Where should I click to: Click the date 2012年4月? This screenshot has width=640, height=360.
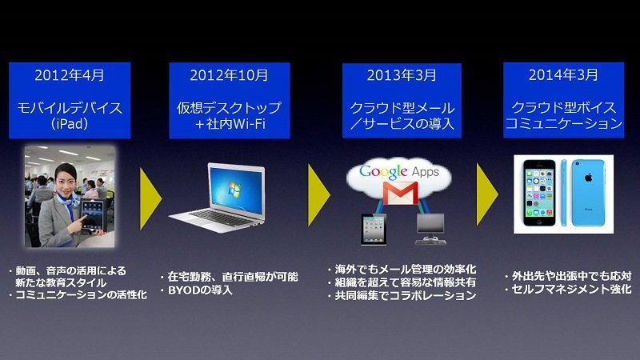point(70,75)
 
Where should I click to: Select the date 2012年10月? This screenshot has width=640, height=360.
point(229,75)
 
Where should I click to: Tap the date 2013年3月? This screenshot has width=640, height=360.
point(402,75)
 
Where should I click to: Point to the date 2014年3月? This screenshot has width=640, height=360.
point(563,74)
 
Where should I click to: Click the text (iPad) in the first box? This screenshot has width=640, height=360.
point(70,124)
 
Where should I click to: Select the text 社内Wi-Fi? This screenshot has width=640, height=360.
point(236,124)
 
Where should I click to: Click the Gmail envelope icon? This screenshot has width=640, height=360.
point(400,193)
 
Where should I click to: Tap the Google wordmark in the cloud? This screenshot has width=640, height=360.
point(383,172)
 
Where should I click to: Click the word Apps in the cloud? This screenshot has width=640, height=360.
point(426,172)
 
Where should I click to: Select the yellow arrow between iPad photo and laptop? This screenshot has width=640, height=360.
point(150,198)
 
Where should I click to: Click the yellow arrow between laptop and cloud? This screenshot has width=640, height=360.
point(318,195)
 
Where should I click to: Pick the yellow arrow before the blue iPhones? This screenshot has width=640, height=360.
point(487,194)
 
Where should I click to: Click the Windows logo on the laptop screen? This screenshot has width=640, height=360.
point(235,190)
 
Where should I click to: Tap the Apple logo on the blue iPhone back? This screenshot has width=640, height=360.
point(588,178)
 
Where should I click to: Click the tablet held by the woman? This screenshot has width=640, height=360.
point(93,214)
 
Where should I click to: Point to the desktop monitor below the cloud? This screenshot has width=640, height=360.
point(430,224)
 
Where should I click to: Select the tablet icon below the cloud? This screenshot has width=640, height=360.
point(374,230)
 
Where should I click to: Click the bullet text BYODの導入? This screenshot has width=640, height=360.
point(200,290)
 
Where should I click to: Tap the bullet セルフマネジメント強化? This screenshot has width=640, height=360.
point(571,289)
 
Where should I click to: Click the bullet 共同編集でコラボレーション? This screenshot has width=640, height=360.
point(406,295)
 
